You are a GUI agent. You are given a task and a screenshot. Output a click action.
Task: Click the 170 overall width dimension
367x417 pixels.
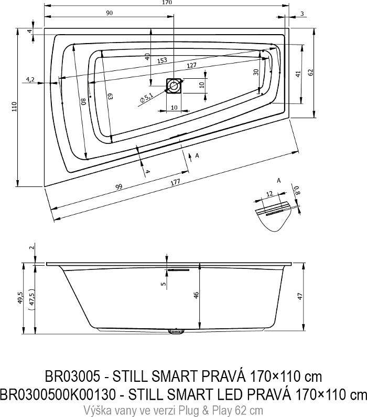coord(167,3)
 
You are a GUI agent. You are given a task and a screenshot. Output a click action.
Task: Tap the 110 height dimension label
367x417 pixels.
coord(14,107)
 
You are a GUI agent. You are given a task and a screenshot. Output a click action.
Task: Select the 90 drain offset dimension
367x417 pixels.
coord(109,13)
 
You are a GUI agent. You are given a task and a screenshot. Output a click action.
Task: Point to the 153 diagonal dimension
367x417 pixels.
coord(161,60)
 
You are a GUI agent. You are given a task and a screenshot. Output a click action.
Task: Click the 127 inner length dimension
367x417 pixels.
coord(191,65)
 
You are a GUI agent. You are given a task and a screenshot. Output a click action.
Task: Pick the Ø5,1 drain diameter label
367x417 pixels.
coord(146,98)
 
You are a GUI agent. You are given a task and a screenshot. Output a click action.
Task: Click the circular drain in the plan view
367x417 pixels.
coord(174,86)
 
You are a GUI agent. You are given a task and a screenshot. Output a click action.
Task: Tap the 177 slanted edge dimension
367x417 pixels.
coord(175,182)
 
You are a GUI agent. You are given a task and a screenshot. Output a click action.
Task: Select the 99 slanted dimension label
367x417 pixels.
coord(118,186)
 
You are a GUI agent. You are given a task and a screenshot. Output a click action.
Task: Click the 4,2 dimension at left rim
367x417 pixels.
coord(30,79)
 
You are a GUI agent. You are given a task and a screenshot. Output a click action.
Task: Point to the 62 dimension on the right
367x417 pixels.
coord(311,72)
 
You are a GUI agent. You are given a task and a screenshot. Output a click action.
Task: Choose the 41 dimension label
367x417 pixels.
coord(298,74)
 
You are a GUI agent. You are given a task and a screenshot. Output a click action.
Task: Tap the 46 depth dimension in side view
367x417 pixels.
coord(196,295)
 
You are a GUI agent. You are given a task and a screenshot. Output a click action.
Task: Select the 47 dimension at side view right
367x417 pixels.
coord(299,297)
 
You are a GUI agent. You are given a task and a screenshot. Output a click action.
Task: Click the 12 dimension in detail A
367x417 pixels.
coord(269,194)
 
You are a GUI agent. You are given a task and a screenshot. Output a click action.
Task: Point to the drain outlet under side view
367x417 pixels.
coord(176,331)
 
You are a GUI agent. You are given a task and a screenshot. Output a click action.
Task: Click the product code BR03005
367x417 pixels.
coord(72,377)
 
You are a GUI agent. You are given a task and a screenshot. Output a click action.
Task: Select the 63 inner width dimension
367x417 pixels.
coord(110,96)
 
